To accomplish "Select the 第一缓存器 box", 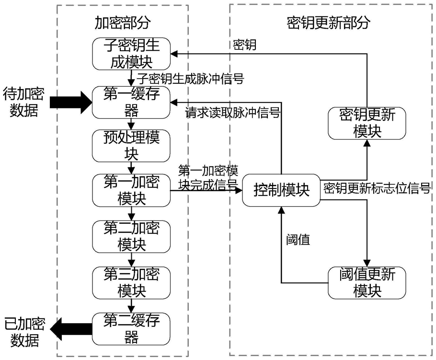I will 131,102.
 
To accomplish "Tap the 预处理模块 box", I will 131,145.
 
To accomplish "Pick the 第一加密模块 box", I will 131,190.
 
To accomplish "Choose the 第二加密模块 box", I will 131,236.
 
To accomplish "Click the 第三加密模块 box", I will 131,282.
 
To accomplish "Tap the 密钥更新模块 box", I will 367,123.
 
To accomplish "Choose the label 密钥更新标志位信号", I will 376,187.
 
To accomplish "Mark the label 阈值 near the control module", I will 298,240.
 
